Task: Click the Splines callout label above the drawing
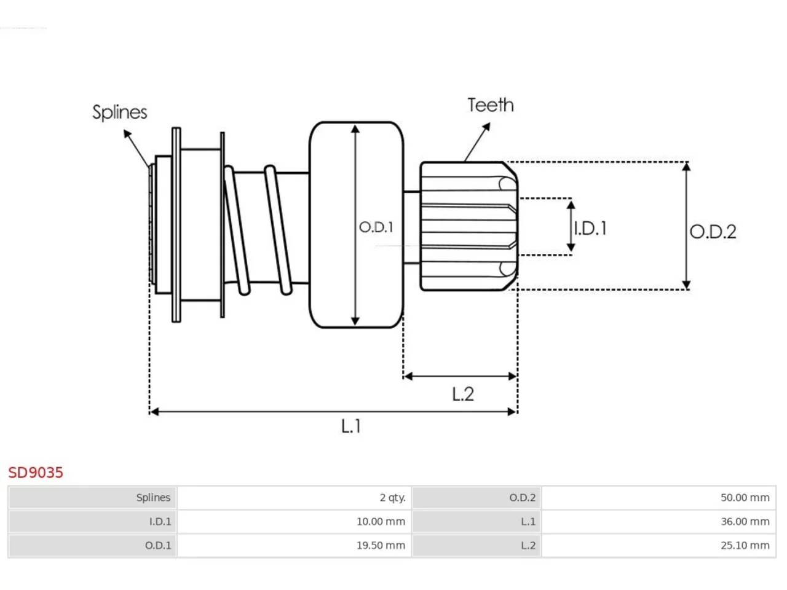(x=120, y=112)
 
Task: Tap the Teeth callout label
(x=491, y=105)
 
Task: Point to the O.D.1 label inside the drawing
(x=376, y=227)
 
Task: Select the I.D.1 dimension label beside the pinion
(x=590, y=228)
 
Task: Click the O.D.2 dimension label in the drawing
(x=713, y=232)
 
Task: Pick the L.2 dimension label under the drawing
(x=463, y=395)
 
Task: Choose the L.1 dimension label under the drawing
(x=350, y=427)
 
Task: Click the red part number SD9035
(x=36, y=473)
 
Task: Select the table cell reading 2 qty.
(x=393, y=498)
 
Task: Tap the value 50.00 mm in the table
(x=745, y=498)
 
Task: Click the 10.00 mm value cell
(x=381, y=522)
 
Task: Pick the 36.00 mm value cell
(x=745, y=522)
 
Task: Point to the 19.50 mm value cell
(x=381, y=546)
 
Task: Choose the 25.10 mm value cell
(x=745, y=546)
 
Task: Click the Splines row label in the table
(x=153, y=498)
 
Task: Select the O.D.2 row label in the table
(x=523, y=498)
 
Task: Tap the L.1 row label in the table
(x=528, y=522)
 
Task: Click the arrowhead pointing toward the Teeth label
(x=486, y=127)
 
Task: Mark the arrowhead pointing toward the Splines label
(x=127, y=133)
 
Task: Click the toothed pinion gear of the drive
(x=469, y=226)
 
